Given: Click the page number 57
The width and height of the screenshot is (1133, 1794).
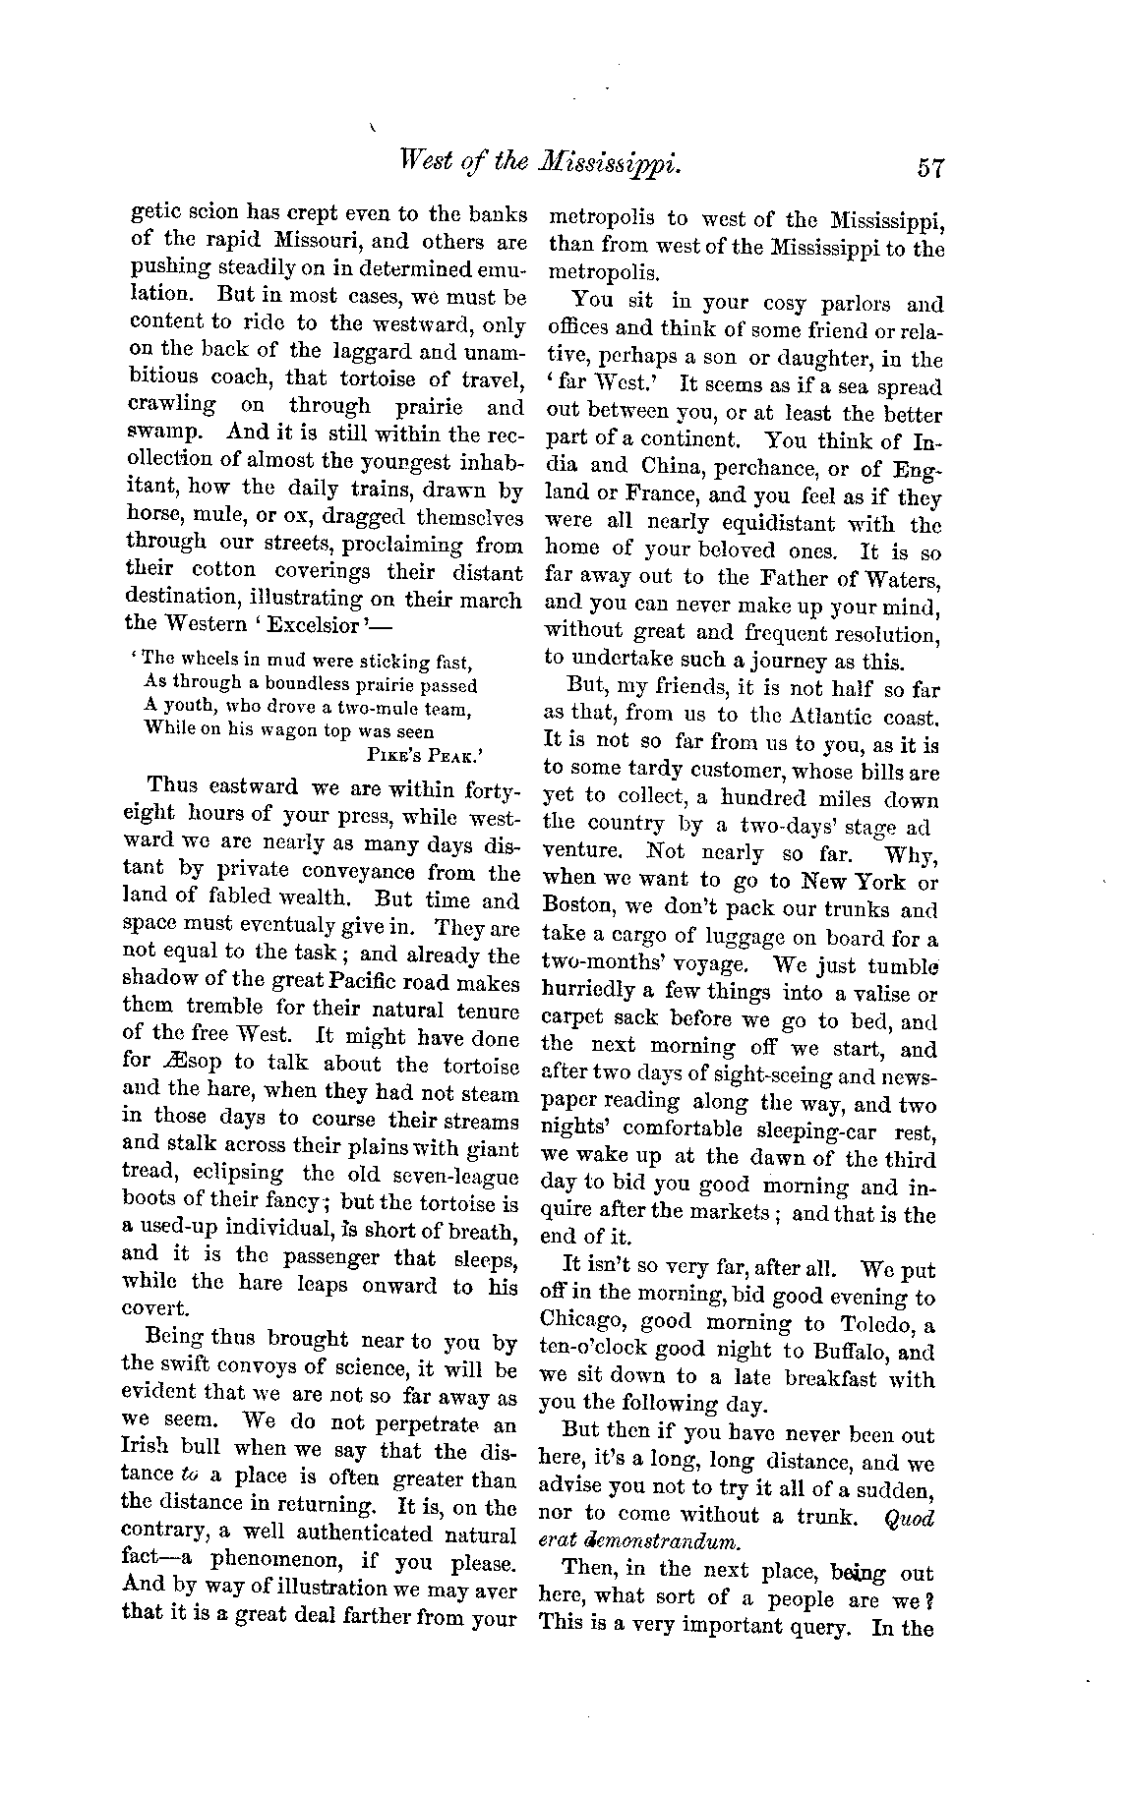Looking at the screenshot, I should [x=928, y=167].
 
